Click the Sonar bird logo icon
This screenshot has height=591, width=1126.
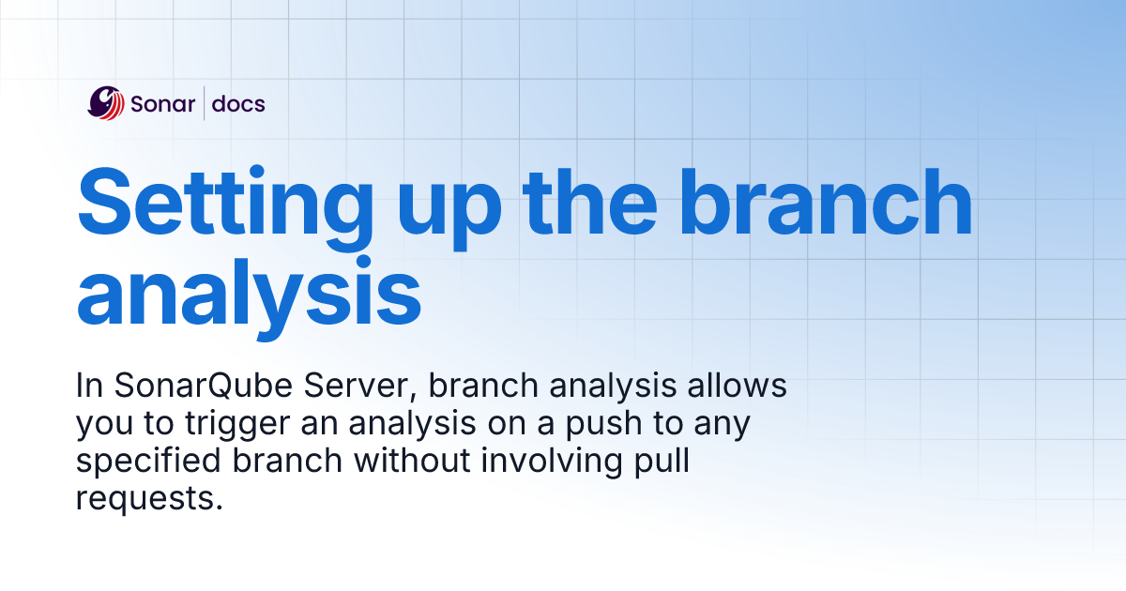[105, 103]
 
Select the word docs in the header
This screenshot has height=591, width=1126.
[238, 104]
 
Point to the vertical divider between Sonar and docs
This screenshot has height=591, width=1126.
[205, 103]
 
